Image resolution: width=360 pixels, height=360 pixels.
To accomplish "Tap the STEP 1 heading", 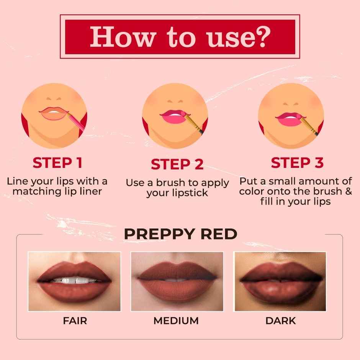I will [57, 163].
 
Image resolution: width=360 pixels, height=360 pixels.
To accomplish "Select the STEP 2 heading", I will [177, 164].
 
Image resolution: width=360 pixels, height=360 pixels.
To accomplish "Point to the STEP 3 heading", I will [297, 163].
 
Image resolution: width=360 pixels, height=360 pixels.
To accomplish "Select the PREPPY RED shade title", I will [180, 234].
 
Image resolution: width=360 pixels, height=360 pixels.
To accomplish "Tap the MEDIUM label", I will [176, 321].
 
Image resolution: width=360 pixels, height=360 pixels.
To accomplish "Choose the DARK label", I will [280, 321].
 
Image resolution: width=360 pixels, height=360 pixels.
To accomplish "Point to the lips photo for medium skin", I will [177, 281].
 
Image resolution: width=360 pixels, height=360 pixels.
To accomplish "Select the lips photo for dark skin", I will [280, 281].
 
